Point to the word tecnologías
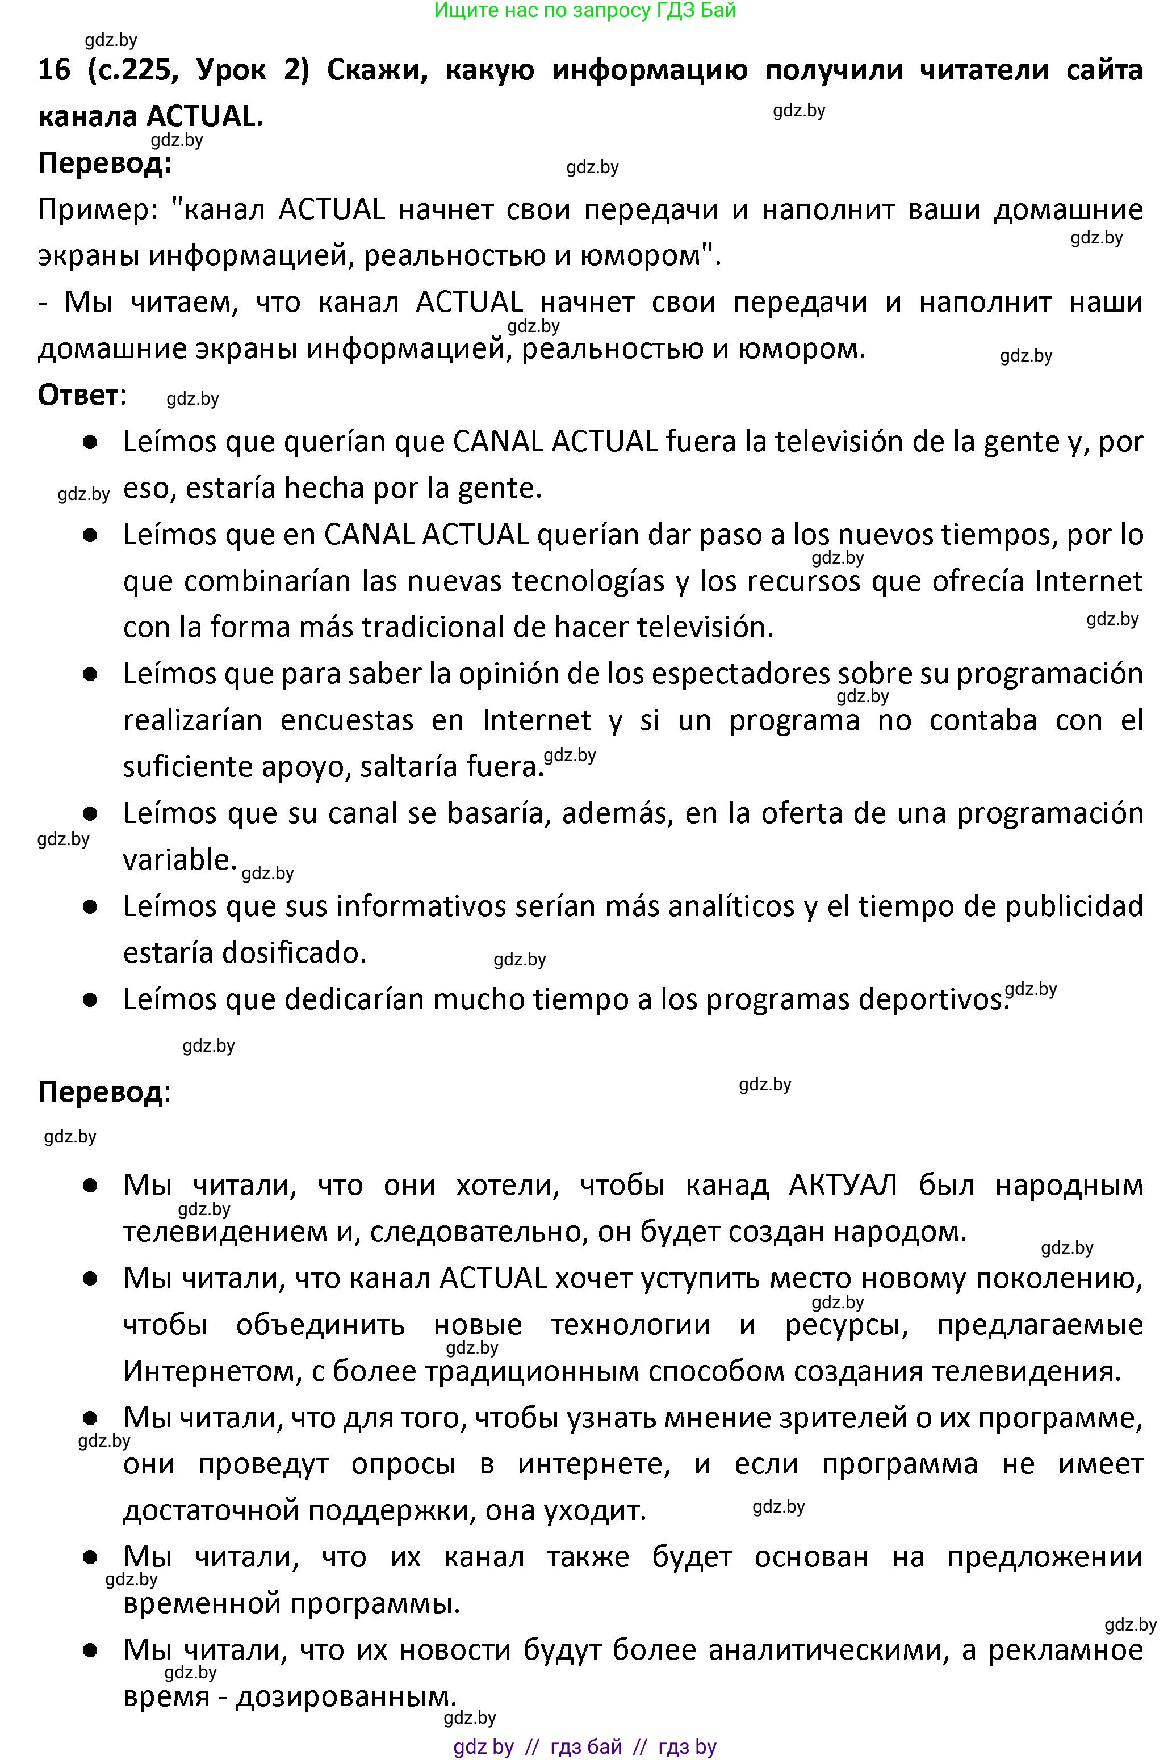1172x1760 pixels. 588,581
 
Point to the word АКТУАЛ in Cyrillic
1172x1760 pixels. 843,1185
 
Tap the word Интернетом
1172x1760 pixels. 213,1371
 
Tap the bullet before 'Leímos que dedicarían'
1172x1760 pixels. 90,999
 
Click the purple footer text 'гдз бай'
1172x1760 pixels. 585,1746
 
